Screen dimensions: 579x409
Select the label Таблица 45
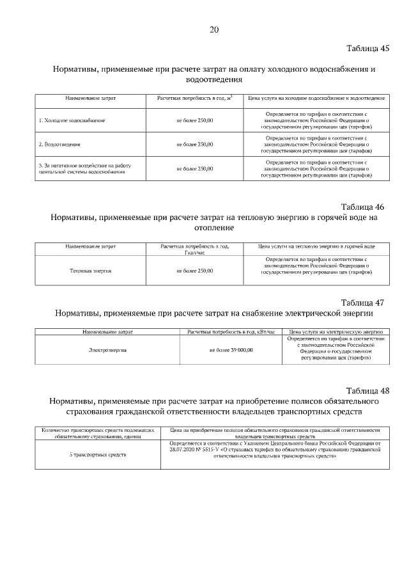point(367,48)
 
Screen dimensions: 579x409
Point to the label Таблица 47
point(362,303)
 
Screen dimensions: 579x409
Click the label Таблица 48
point(367,390)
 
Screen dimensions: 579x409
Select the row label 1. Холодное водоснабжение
point(72,120)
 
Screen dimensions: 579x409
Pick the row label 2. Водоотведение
point(60,145)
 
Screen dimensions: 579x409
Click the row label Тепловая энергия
point(90,271)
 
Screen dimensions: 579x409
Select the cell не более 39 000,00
point(231,350)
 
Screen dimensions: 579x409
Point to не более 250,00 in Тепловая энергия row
point(194,271)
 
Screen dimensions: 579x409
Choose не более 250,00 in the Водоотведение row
point(194,145)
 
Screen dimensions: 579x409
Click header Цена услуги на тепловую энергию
point(316,246)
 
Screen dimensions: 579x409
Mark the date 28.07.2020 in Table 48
point(185,450)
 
